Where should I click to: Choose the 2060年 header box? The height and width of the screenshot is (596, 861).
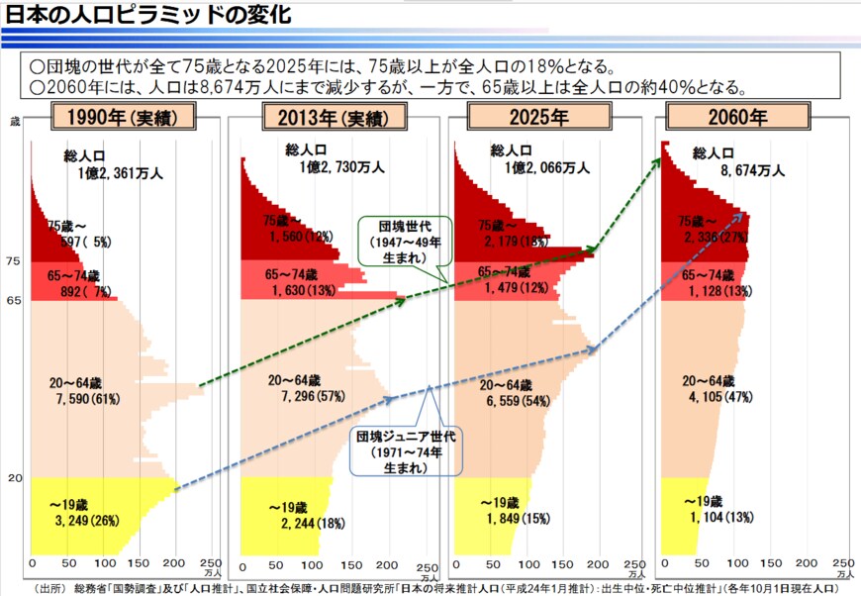[738, 118]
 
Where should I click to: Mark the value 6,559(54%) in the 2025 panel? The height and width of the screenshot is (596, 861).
[518, 402]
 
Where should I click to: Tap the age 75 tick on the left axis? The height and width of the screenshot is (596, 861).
[14, 261]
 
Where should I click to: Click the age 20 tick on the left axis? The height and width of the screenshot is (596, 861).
[14, 478]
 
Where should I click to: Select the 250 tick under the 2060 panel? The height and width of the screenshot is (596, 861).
[844, 562]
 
